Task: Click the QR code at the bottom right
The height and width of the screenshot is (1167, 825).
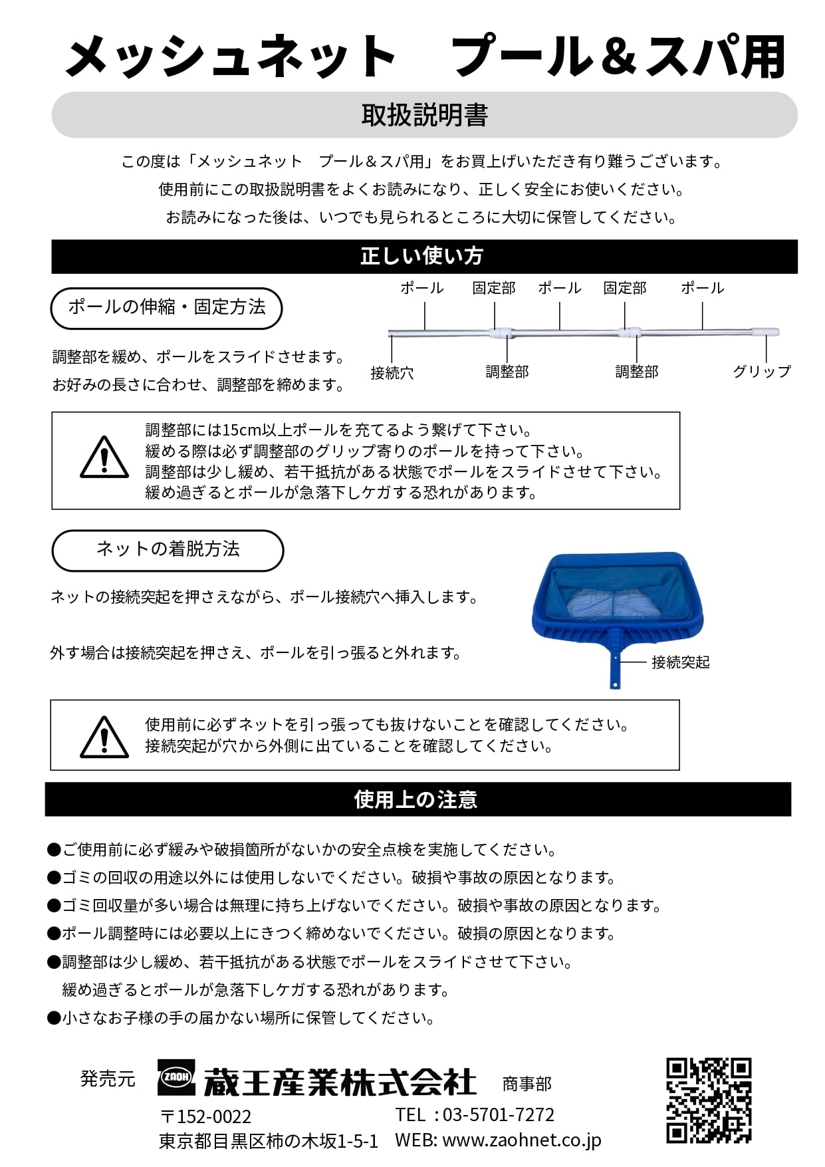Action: pos(709,1100)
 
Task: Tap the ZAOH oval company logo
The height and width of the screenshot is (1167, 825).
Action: pos(177,1077)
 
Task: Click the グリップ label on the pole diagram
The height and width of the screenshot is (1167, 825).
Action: pos(761,372)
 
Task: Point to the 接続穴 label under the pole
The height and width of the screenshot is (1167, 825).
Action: pos(392,373)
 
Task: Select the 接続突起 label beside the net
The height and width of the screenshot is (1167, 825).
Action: pos(680,662)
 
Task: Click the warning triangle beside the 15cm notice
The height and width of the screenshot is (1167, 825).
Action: pos(104,458)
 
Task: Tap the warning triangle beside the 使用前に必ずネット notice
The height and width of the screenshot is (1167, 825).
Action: pos(104,737)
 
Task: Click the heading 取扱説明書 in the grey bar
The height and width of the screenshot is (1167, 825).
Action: pos(424,115)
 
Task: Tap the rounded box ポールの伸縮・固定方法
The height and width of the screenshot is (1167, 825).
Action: pos(166,307)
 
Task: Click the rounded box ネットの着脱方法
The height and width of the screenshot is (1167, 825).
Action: pos(168,549)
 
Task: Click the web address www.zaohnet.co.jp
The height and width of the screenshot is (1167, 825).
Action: pos(521,1140)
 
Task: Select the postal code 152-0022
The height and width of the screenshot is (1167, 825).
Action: pos(213,1116)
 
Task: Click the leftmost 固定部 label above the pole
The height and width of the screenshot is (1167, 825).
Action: pos(494,288)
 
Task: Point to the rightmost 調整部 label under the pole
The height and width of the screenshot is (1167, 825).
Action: pos(636,372)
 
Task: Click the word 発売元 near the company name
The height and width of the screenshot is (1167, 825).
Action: pos(108,1079)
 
